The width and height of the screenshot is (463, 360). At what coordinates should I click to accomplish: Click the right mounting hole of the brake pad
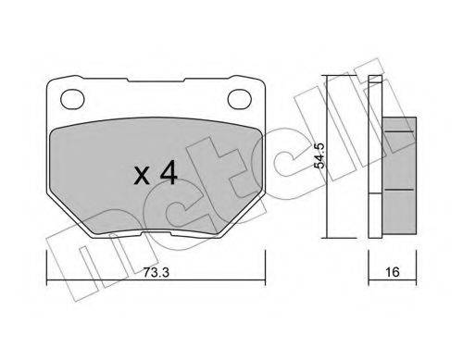pyautogui.click(x=240, y=99)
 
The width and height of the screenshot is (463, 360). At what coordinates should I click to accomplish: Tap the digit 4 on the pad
pyautogui.click(x=169, y=173)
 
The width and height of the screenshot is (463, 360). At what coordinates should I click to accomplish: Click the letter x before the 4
pyautogui.click(x=142, y=177)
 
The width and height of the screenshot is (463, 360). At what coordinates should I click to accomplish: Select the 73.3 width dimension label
pyautogui.click(x=156, y=272)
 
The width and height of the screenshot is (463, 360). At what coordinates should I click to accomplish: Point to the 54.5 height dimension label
pyautogui.click(x=319, y=155)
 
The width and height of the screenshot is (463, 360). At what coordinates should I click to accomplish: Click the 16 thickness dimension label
pyautogui.click(x=393, y=272)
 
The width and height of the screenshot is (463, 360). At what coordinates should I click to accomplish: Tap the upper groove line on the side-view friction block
pyautogui.click(x=399, y=131)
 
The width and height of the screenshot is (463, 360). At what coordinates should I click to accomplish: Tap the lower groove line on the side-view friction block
pyautogui.click(x=399, y=190)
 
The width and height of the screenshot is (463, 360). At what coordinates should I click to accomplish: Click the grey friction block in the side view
pyautogui.click(x=400, y=175)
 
